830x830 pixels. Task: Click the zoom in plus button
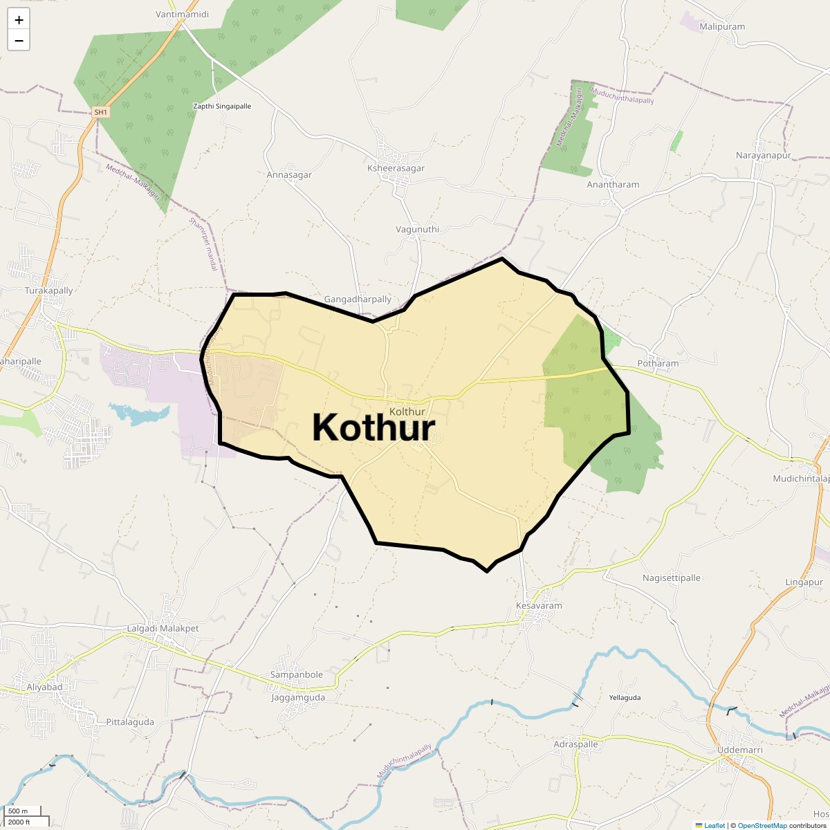[19, 20]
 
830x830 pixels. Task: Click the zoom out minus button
[19, 41]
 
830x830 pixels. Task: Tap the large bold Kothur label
[373, 427]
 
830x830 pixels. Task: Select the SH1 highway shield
[101, 112]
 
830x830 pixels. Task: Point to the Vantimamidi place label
[183, 14]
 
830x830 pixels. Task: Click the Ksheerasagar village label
[396, 168]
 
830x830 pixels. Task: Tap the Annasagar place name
[289, 175]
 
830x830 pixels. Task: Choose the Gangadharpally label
[358, 299]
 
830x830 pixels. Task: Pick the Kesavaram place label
[539, 606]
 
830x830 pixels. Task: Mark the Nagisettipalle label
[672, 578]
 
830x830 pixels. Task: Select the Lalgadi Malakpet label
[163, 629]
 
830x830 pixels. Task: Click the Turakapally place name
[48, 290]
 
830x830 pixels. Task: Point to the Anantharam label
[613, 185]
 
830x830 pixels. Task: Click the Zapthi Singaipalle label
[221, 107]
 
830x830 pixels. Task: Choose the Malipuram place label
[722, 27]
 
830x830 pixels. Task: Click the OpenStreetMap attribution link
[762, 825]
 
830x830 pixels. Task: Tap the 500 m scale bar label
[18, 811]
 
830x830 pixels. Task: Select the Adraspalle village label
[576, 744]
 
